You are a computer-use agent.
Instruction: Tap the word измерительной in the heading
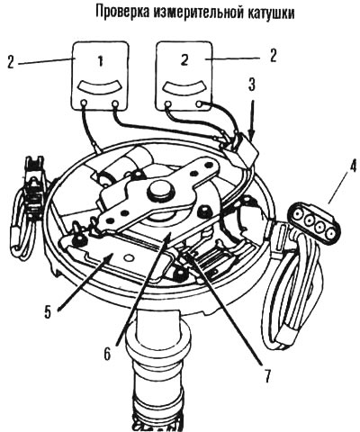tap(199, 13)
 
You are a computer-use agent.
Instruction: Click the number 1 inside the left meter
tap(101, 61)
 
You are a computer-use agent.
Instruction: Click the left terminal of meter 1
tap(84, 103)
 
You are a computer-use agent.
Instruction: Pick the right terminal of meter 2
tap(199, 104)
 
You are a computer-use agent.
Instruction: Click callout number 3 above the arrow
tap(251, 85)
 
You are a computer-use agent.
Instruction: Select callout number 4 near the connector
tap(350, 167)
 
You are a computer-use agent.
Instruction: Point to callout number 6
tap(107, 354)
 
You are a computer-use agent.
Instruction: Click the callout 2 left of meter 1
tap(11, 62)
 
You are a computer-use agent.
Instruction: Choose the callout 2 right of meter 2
tap(273, 56)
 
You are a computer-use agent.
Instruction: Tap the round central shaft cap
tap(161, 193)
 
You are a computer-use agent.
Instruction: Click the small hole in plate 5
tap(130, 257)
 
